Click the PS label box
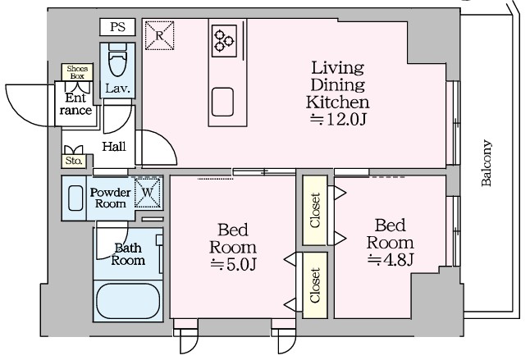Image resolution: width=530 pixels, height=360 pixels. pyautogui.click(x=117, y=27)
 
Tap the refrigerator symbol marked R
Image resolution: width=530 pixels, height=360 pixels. pyautogui.click(x=159, y=35)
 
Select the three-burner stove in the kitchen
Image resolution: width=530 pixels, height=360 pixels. pyautogui.click(x=224, y=41)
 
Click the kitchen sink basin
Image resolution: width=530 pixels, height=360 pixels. pyautogui.click(x=222, y=102)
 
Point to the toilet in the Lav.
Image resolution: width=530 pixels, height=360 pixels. pyautogui.click(x=117, y=61)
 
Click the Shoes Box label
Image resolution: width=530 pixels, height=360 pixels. pyautogui.click(x=77, y=72)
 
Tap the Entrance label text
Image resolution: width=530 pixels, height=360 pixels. pyautogui.click(x=75, y=104)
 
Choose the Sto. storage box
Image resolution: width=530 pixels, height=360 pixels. pyautogui.click(x=74, y=161)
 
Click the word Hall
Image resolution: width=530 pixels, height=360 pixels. pyautogui.click(x=114, y=147)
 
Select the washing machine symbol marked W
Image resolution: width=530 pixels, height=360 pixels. pyautogui.click(x=148, y=193)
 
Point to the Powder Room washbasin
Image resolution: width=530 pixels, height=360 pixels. pyautogui.click(x=75, y=198)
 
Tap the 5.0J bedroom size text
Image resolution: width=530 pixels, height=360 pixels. pyautogui.click(x=233, y=265)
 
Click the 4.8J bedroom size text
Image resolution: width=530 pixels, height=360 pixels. pyautogui.click(x=391, y=260)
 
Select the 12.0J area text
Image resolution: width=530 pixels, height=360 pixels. pyautogui.click(x=338, y=119)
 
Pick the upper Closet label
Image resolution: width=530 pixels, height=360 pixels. pyautogui.click(x=315, y=210)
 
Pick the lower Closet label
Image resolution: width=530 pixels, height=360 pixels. pyautogui.click(x=315, y=285)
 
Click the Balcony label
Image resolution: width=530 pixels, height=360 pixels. pyautogui.click(x=487, y=162)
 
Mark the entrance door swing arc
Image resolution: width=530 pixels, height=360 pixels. pyautogui.click(x=13, y=111)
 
